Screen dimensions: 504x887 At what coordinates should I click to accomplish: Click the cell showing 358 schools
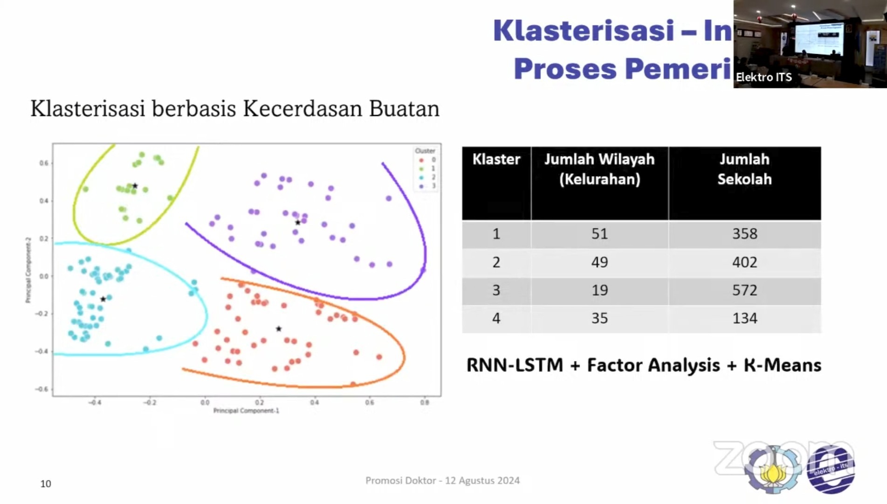744,234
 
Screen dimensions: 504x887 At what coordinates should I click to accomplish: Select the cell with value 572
744,290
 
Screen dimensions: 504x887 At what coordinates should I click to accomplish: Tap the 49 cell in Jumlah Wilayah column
599,262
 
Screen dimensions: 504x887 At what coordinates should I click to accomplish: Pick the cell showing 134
744,318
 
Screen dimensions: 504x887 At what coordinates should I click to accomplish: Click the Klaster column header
496,160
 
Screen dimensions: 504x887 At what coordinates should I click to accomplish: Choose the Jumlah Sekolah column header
744,169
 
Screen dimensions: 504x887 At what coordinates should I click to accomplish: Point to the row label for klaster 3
496,290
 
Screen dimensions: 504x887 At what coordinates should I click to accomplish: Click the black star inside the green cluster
135,186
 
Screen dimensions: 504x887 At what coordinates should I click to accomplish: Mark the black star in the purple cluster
298,223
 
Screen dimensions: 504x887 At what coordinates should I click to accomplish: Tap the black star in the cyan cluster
103,299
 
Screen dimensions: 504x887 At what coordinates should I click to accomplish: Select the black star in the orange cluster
279,329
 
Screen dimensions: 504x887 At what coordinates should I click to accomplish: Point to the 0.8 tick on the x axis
424,402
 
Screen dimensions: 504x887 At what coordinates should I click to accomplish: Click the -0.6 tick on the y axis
42,389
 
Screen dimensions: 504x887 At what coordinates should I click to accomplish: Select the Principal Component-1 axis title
246,411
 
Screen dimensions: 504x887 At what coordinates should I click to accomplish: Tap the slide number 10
46,484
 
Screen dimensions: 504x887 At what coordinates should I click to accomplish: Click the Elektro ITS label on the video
763,77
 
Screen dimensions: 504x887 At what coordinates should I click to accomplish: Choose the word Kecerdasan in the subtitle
303,109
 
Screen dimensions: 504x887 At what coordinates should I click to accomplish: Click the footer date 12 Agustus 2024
482,481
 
